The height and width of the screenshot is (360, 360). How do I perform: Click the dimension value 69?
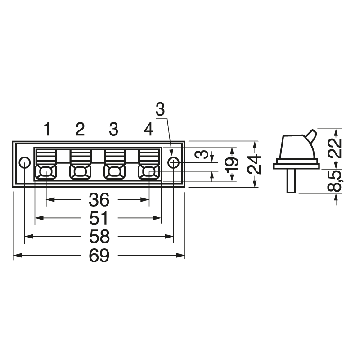pos(99,256)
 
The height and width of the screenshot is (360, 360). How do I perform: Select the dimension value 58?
pos(99,237)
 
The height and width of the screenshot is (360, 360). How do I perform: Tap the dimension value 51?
pos(99,218)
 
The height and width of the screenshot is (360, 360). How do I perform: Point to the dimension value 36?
pos(99,199)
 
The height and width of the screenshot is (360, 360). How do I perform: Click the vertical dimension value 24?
pos(254,164)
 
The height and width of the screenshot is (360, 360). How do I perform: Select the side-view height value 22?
pos(334,148)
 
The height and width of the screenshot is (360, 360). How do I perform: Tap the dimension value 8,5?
pos(334,181)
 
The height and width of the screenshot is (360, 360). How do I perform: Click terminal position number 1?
pos(47,129)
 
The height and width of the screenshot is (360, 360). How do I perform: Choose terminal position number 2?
pos(80,129)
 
